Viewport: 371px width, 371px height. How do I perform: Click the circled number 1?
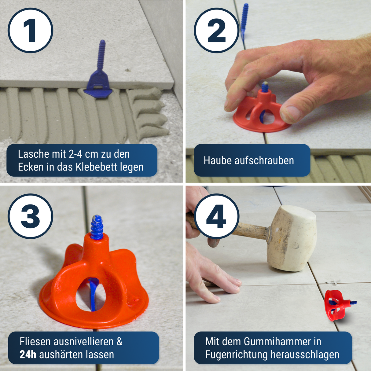pos(30,31)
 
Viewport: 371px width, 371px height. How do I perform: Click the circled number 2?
pos(216,31)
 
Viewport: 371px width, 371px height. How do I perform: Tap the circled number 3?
pos(30,216)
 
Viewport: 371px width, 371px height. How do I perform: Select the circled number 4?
pos(216,216)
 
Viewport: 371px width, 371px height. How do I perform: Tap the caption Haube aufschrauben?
pos(249,160)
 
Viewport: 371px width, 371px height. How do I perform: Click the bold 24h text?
pos(28,354)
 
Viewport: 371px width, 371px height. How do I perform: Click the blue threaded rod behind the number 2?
pos(245,20)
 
